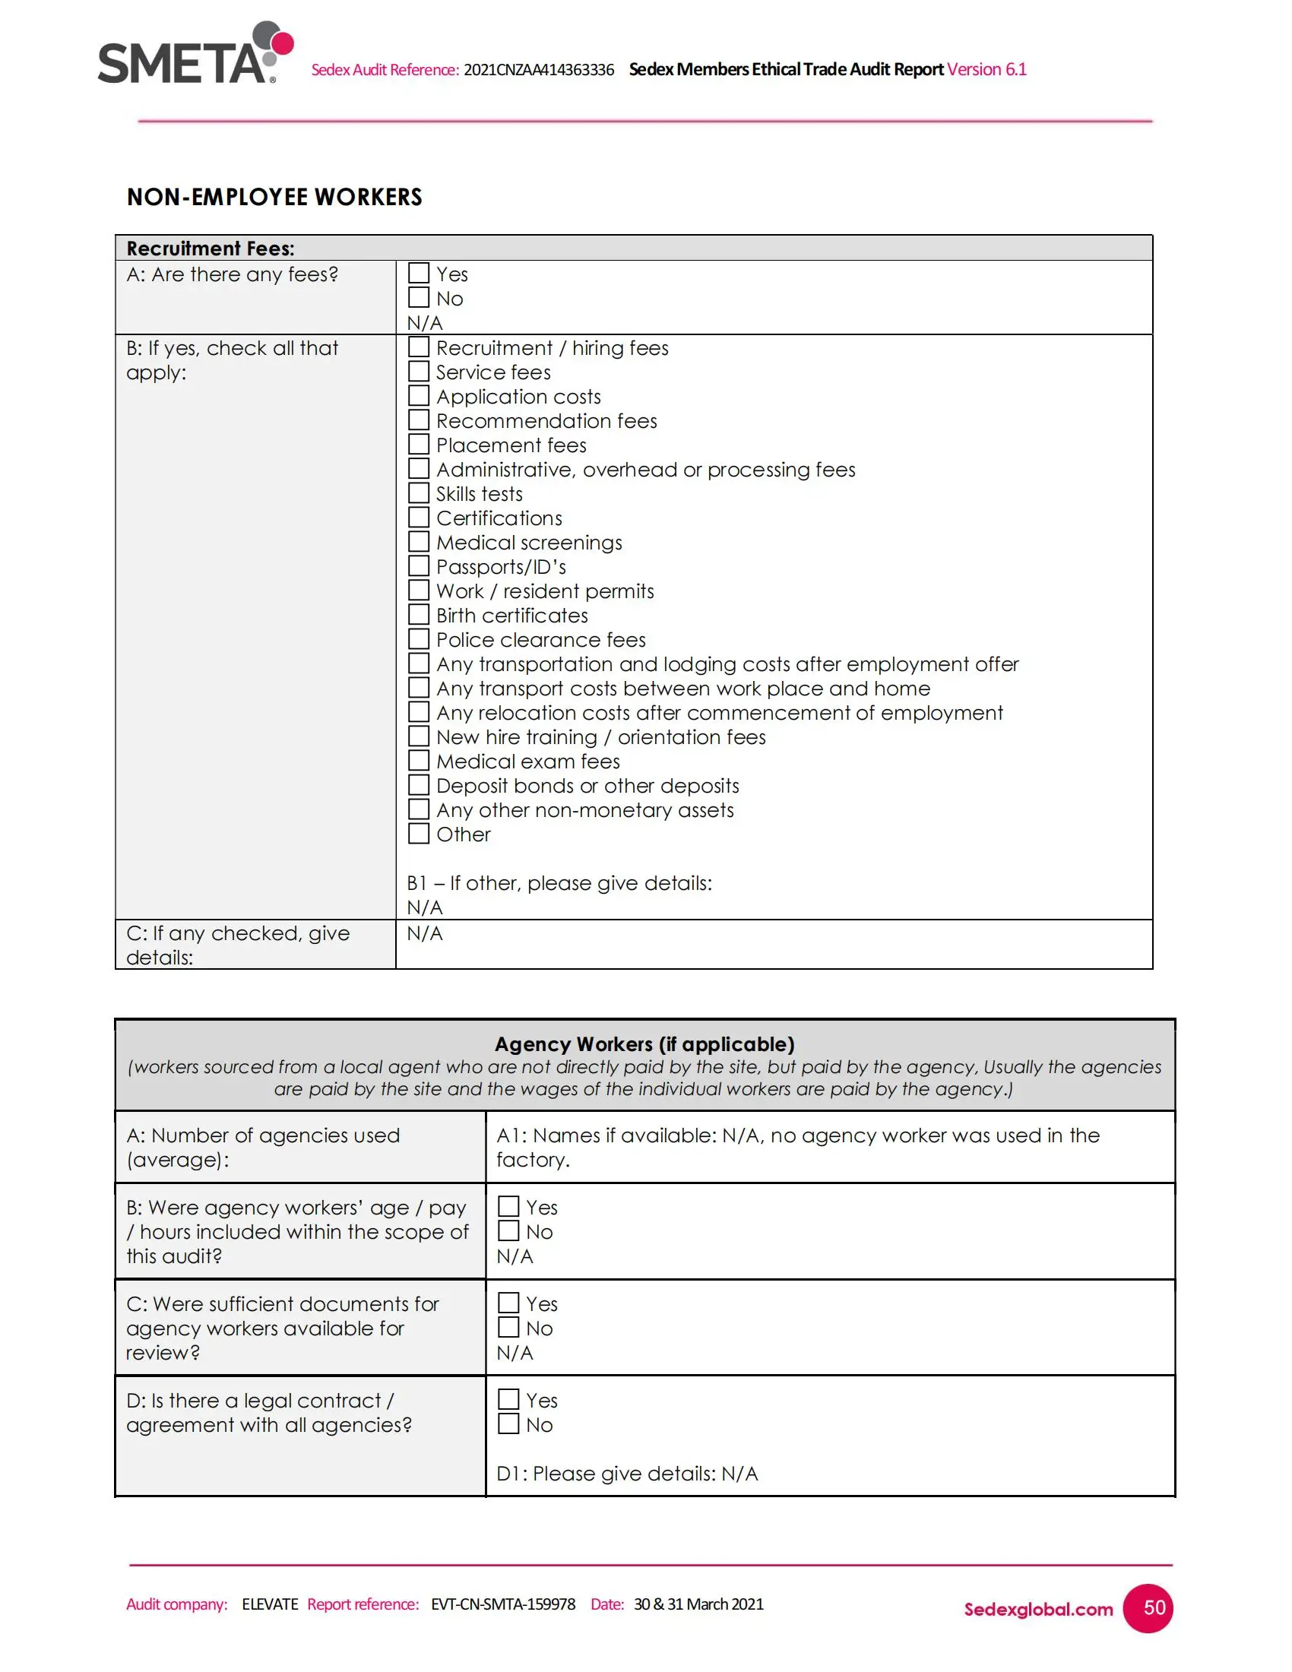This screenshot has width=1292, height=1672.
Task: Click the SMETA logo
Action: [195, 54]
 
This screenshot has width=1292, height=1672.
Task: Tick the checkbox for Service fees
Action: [419, 372]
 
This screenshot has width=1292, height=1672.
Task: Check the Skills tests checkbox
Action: [419, 493]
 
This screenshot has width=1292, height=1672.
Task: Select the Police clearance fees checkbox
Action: [419, 639]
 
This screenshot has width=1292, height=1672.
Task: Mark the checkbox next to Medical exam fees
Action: [419, 761]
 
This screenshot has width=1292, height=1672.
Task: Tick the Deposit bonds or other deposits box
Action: [419, 786]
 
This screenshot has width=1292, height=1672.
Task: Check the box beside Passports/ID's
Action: [419, 566]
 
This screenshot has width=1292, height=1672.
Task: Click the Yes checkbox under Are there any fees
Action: [419, 274]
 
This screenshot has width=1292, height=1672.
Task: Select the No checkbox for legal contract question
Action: [508, 1424]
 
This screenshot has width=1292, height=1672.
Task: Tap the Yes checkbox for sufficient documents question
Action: [508, 1303]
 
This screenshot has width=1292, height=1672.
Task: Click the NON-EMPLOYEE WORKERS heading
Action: [274, 197]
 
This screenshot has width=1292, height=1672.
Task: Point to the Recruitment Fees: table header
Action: [211, 248]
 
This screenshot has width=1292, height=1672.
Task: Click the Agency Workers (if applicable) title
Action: [644, 1044]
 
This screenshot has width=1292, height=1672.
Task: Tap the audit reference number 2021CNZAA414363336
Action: [539, 70]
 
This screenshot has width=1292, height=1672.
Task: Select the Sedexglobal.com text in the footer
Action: [1038, 1609]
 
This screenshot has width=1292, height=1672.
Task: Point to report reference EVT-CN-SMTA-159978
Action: [503, 1604]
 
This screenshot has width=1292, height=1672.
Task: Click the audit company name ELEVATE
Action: [270, 1604]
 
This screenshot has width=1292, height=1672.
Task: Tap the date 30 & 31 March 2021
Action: [698, 1604]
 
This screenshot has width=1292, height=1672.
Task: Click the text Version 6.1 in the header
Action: [986, 70]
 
